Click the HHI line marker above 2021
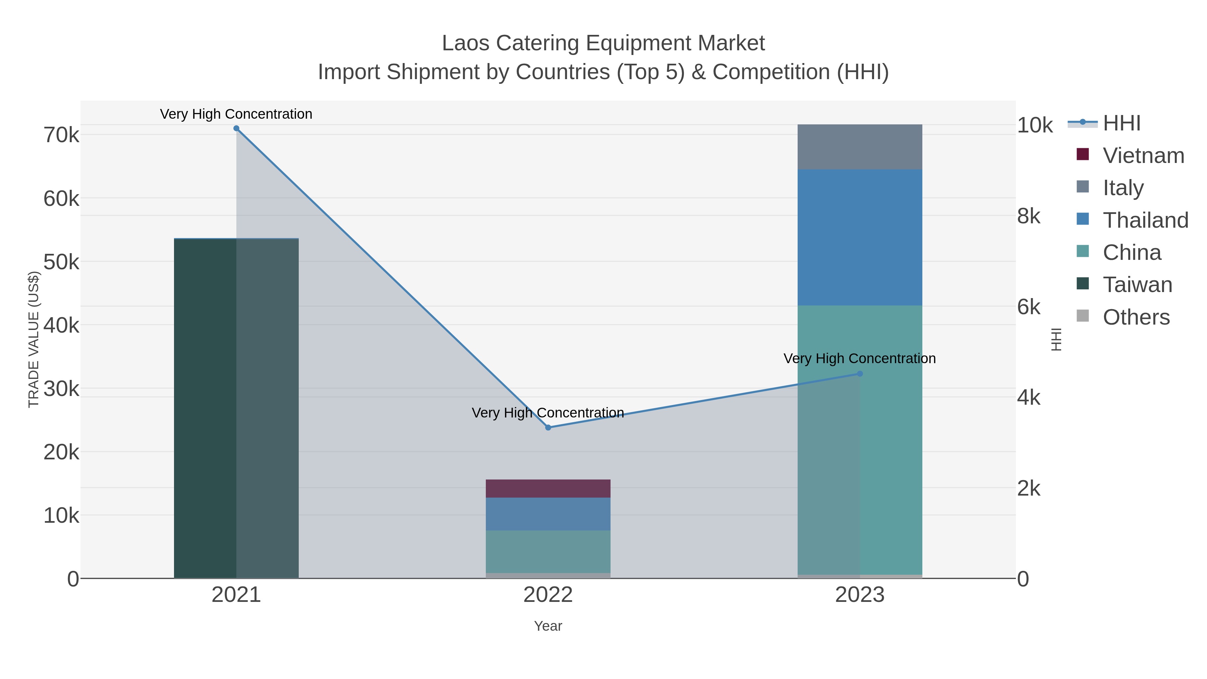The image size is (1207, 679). (236, 128)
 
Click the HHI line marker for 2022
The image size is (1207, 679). (548, 428)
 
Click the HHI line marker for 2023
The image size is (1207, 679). (859, 374)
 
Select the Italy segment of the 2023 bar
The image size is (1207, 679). (859, 147)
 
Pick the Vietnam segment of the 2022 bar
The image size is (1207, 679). (548, 488)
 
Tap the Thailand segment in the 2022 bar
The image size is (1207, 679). (548, 514)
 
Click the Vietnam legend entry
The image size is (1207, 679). (1143, 156)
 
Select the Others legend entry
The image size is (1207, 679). (1136, 317)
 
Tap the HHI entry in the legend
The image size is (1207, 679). (1121, 123)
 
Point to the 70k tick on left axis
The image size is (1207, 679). (61, 135)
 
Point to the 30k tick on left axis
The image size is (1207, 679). (61, 389)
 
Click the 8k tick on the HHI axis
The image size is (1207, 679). (1029, 217)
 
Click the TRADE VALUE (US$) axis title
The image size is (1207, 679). (34, 339)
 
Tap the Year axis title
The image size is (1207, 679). (548, 626)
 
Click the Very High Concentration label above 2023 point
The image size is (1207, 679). (859, 358)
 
